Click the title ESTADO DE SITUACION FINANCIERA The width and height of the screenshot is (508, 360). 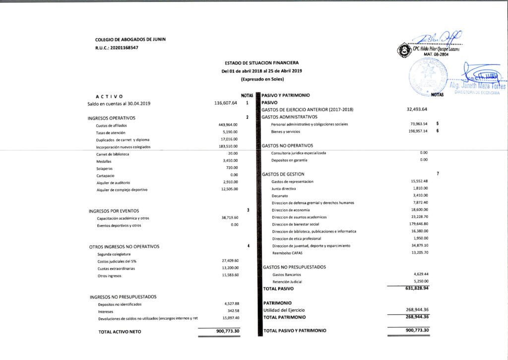pyautogui.click(x=261, y=63)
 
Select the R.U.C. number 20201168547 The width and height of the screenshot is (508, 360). pyautogui.click(x=124, y=48)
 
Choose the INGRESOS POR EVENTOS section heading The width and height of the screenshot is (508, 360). pyautogui.click(x=114, y=211)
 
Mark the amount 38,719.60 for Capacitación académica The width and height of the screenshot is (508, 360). pyautogui.click(x=228, y=218)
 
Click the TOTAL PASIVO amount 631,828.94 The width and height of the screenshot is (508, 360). pyautogui.click(x=416, y=288)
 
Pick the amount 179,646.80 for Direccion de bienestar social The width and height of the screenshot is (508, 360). pyautogui.click(x=416, y=224)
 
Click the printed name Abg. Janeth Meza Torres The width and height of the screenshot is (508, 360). pyautogui.click(x=477, y=86)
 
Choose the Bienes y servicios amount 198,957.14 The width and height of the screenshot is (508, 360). pyautogui.click(x=416, y=131)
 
